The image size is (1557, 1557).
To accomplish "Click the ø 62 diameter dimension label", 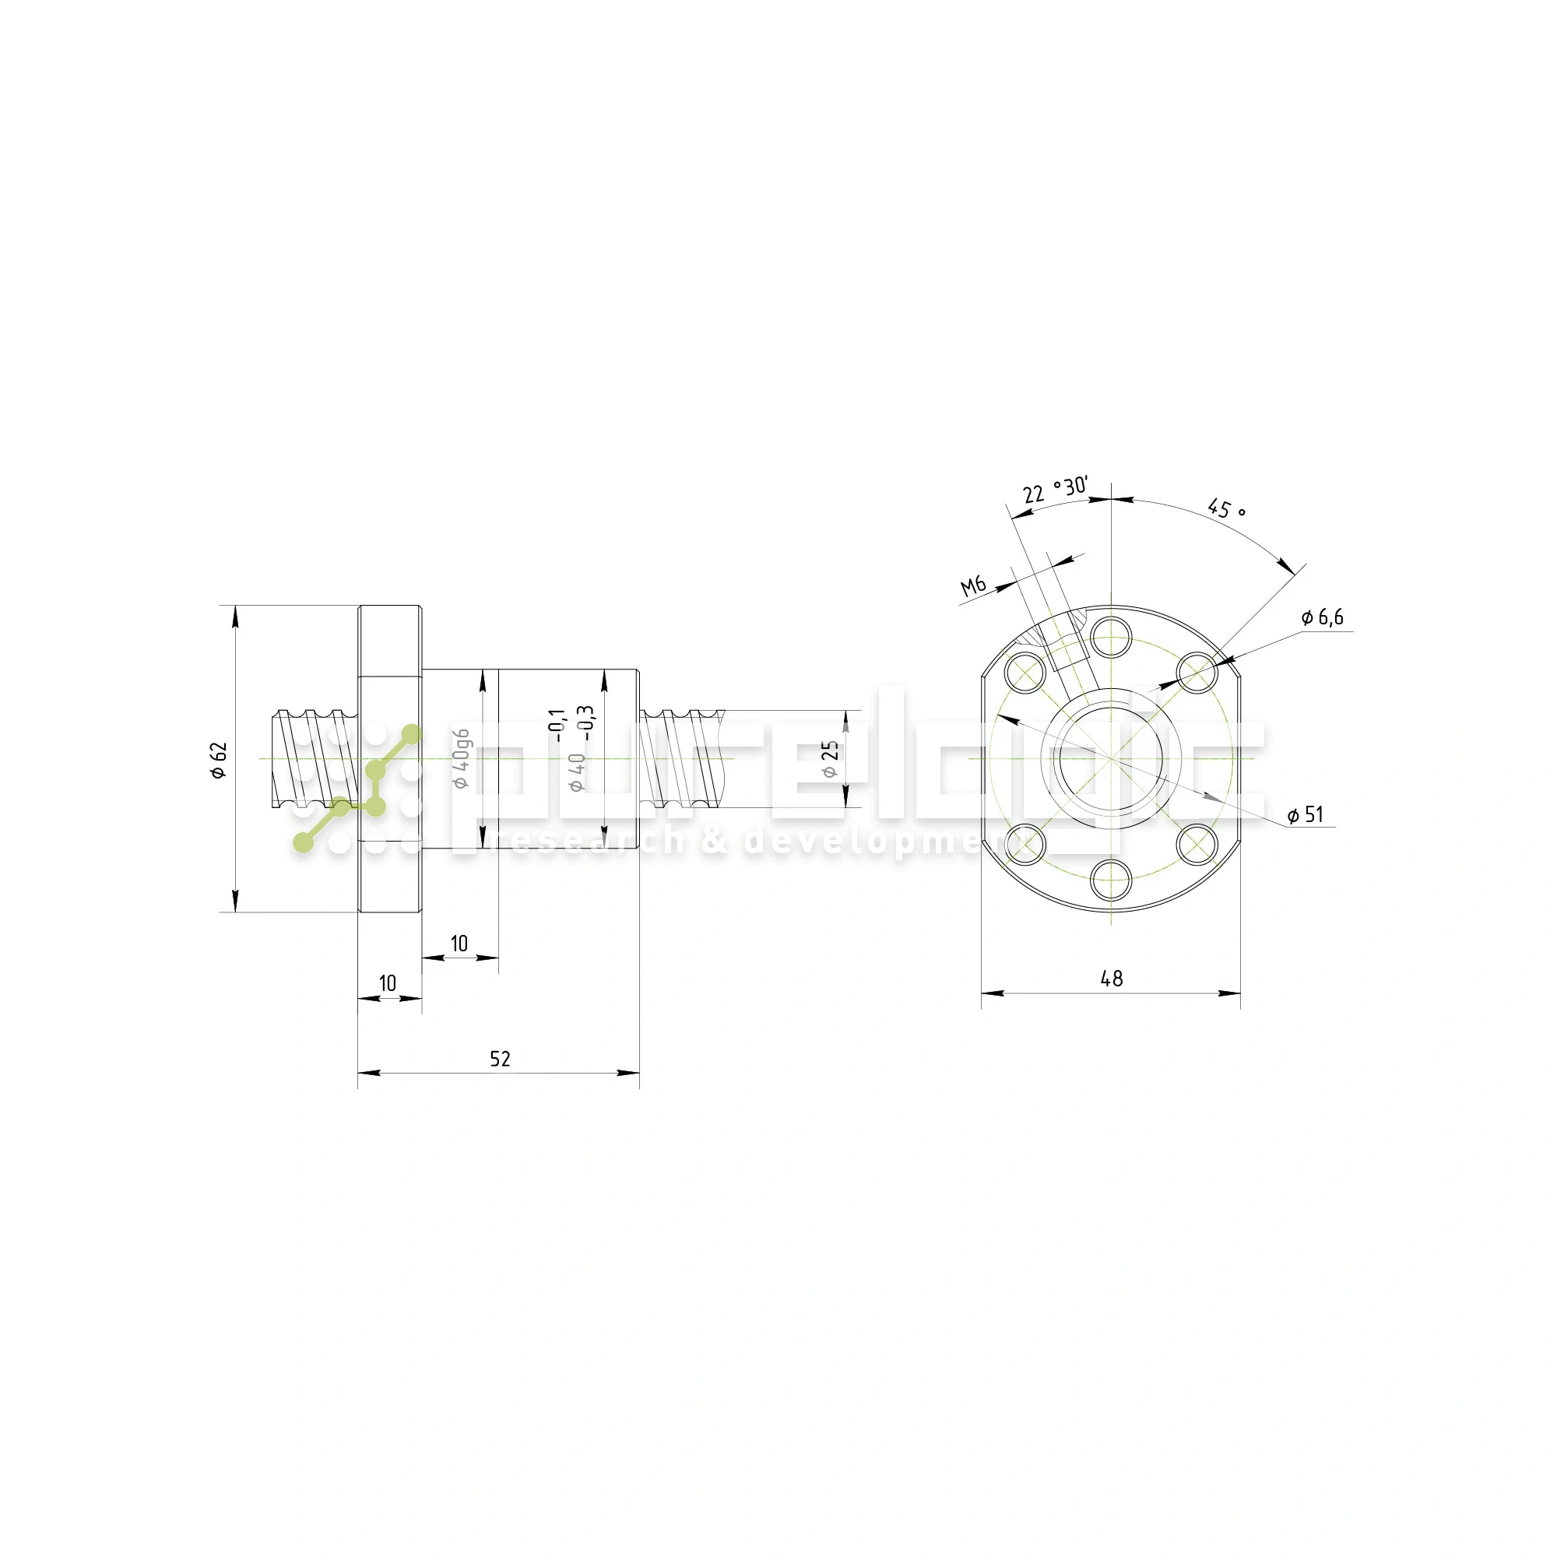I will pos(219,760).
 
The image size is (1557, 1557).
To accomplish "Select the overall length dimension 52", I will pos(500,1059).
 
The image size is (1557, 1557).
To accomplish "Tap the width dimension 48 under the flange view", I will pos(1112,979).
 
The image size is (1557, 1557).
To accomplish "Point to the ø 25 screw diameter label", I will pos(830,759).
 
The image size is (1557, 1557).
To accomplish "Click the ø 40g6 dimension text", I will pos(461,759).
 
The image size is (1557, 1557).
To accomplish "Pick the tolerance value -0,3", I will pos(588,722).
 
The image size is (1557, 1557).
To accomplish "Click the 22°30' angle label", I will pos(1055,490).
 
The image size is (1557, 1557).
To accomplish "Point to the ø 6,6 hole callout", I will pos(1323,617).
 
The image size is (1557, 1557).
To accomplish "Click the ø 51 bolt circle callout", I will pos(1305,815).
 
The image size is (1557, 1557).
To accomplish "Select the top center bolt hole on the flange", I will pos(1112,637).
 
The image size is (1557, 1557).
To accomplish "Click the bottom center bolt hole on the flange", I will pos(1112,879).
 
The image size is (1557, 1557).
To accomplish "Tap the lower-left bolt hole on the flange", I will pos(1025,844).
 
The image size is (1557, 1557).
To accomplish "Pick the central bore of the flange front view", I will pos(1112,759).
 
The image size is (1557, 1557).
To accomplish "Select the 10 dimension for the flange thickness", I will pos(388,983).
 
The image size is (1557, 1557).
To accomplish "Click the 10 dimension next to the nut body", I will pos(459,944).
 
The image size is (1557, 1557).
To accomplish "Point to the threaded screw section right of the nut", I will pos(684,757).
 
